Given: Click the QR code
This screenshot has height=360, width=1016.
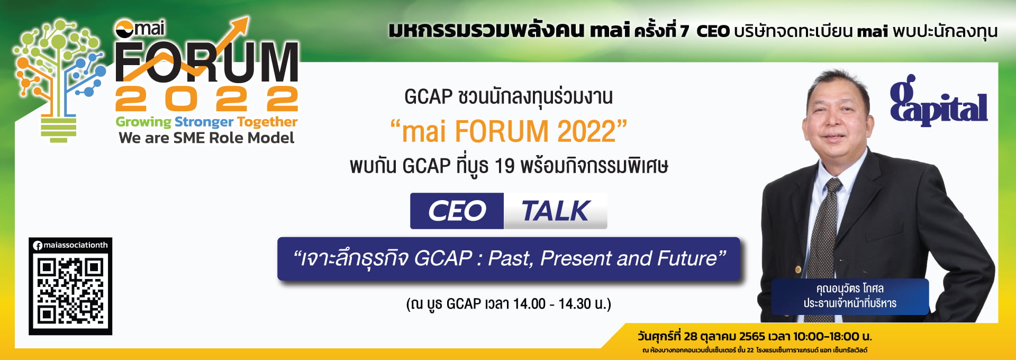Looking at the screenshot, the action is [70, 291].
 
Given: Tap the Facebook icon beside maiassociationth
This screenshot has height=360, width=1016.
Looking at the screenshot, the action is [38, 245].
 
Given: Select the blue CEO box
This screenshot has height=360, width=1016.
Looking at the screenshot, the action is [457, 211].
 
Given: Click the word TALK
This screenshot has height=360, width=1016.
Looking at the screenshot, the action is [555, 211].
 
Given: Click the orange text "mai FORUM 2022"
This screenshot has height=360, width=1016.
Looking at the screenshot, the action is [509, 131].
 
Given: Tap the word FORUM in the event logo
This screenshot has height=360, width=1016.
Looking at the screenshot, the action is [207, 62].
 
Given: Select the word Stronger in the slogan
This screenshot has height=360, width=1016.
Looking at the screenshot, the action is [204, 122].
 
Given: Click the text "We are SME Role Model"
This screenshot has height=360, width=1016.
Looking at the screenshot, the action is [206, 138].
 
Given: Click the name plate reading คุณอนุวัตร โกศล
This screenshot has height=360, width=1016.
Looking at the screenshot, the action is [850, 296].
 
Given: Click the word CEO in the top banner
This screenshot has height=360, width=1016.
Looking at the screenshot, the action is [713, 31].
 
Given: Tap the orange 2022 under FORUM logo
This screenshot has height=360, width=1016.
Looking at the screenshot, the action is [207, 98].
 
